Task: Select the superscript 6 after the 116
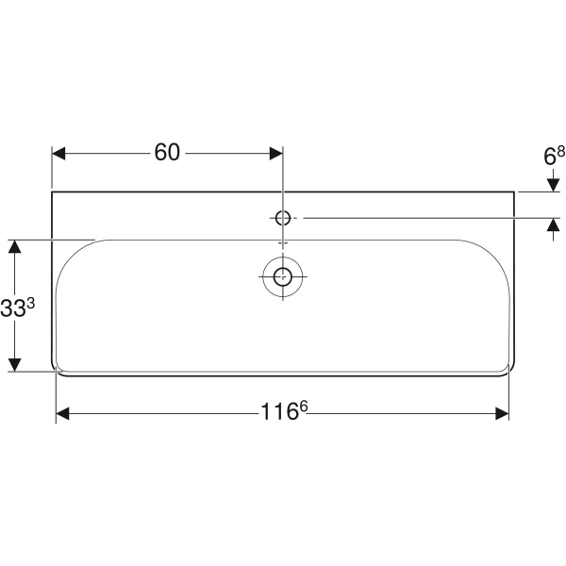304,407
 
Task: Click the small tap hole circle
282,218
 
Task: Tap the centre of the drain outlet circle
282,275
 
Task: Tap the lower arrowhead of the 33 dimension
14,364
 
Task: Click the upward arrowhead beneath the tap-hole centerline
550,225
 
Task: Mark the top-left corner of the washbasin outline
51,191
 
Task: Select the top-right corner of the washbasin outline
514,191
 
